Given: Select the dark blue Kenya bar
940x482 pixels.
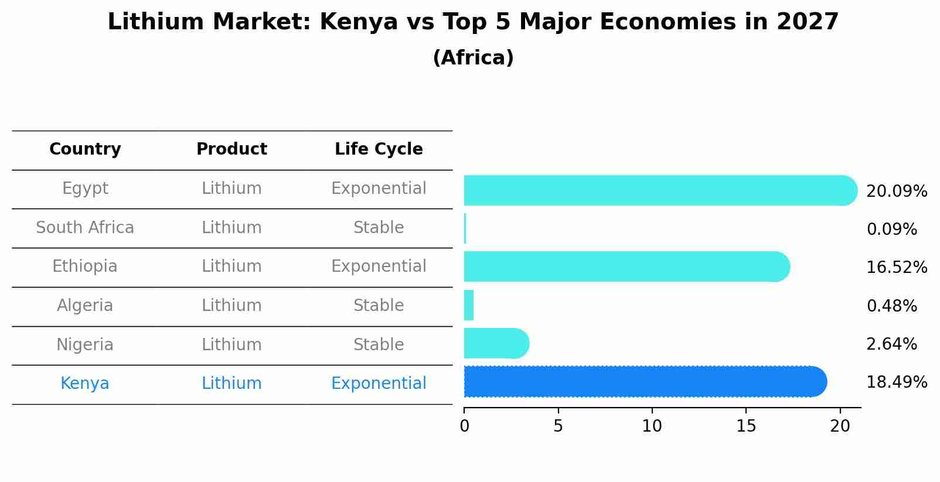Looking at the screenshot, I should click(x=645, y=382).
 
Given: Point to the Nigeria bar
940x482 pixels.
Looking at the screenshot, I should click(x=496, y=343).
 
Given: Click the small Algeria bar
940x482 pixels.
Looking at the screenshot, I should click(x=469, y=305).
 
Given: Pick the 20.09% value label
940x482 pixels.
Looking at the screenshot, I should click(x=896, y=192).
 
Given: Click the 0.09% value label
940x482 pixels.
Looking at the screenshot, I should click(x=891, y=230).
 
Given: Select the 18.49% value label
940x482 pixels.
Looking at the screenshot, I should click(x=896, y=382).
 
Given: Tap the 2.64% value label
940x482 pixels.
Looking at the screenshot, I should click(x=891, y=344).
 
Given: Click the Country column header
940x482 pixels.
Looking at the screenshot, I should click(x=85, y=149).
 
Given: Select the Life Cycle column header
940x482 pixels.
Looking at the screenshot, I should click(x=379, y=149).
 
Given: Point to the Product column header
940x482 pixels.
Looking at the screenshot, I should click(x=231, y=149).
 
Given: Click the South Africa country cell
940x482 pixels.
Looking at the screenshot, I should click(x=85, y=228).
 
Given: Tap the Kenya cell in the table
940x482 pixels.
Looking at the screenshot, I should click(x=85, y=384).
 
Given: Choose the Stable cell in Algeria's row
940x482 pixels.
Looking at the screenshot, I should click(x=379, y=306).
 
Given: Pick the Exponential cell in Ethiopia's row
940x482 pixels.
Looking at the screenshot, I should click(x=379, y=266).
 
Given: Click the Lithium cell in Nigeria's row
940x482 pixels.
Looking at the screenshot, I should click(x=231, y=344).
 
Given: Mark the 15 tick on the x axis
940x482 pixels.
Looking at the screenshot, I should click(x=746, y=426).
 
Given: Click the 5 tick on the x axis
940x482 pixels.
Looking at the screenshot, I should click(x=558, y=426).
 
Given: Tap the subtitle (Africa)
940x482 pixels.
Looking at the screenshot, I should click(x=473, y=58).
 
